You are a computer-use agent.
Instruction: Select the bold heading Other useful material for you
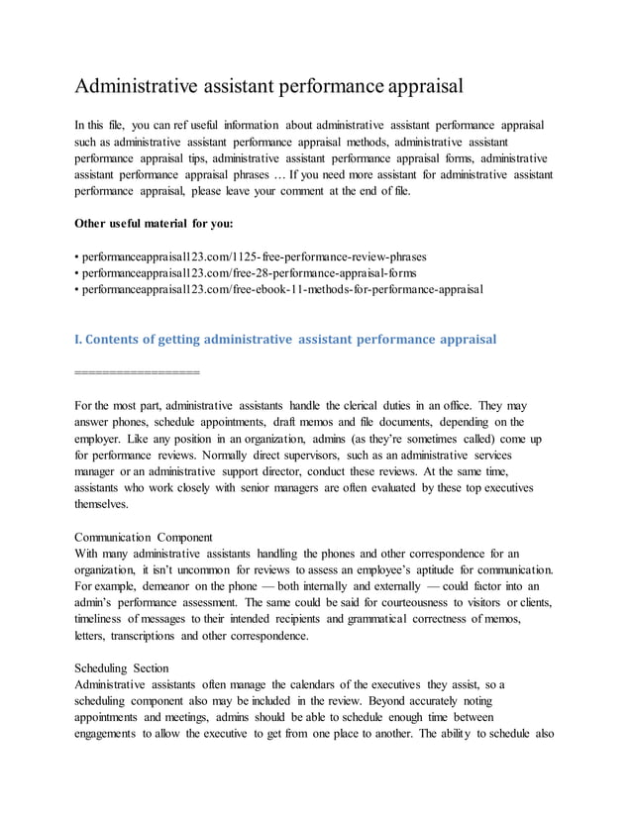click(x=154, y=222)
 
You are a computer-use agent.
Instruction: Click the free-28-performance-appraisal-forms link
click(x=248, y=272)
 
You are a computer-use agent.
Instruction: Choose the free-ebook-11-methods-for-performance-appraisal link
click(x=282, y=288)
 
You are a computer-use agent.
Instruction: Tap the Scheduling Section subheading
click(x=122, y=667)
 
